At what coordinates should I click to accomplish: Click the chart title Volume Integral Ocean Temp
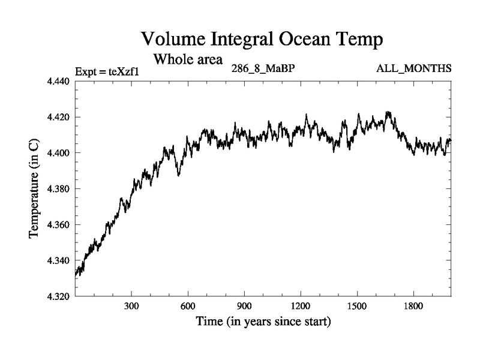[261, 40]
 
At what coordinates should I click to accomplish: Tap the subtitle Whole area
[188, 59]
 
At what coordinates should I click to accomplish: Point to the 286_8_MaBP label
[263, 68]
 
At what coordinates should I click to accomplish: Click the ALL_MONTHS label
[413, 68]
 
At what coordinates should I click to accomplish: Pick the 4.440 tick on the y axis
[59, 81]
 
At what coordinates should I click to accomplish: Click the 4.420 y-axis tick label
[59, 117]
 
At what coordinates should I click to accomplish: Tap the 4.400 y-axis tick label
[59, 153]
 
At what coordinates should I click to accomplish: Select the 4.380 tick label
[59, 189]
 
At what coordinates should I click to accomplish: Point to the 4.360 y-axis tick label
[59, 225]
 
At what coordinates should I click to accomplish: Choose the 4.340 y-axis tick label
[59, 261]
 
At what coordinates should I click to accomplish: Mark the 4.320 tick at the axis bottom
[59, 296]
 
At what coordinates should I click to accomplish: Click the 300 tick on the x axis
[131, 306]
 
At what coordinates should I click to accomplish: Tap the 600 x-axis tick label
[188, 306]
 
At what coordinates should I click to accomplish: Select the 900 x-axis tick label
[244, 306]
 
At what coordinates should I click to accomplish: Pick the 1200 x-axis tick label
[301, 306]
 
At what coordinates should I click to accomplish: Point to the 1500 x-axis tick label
[357, 306]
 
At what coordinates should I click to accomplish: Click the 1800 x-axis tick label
[413, 306]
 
